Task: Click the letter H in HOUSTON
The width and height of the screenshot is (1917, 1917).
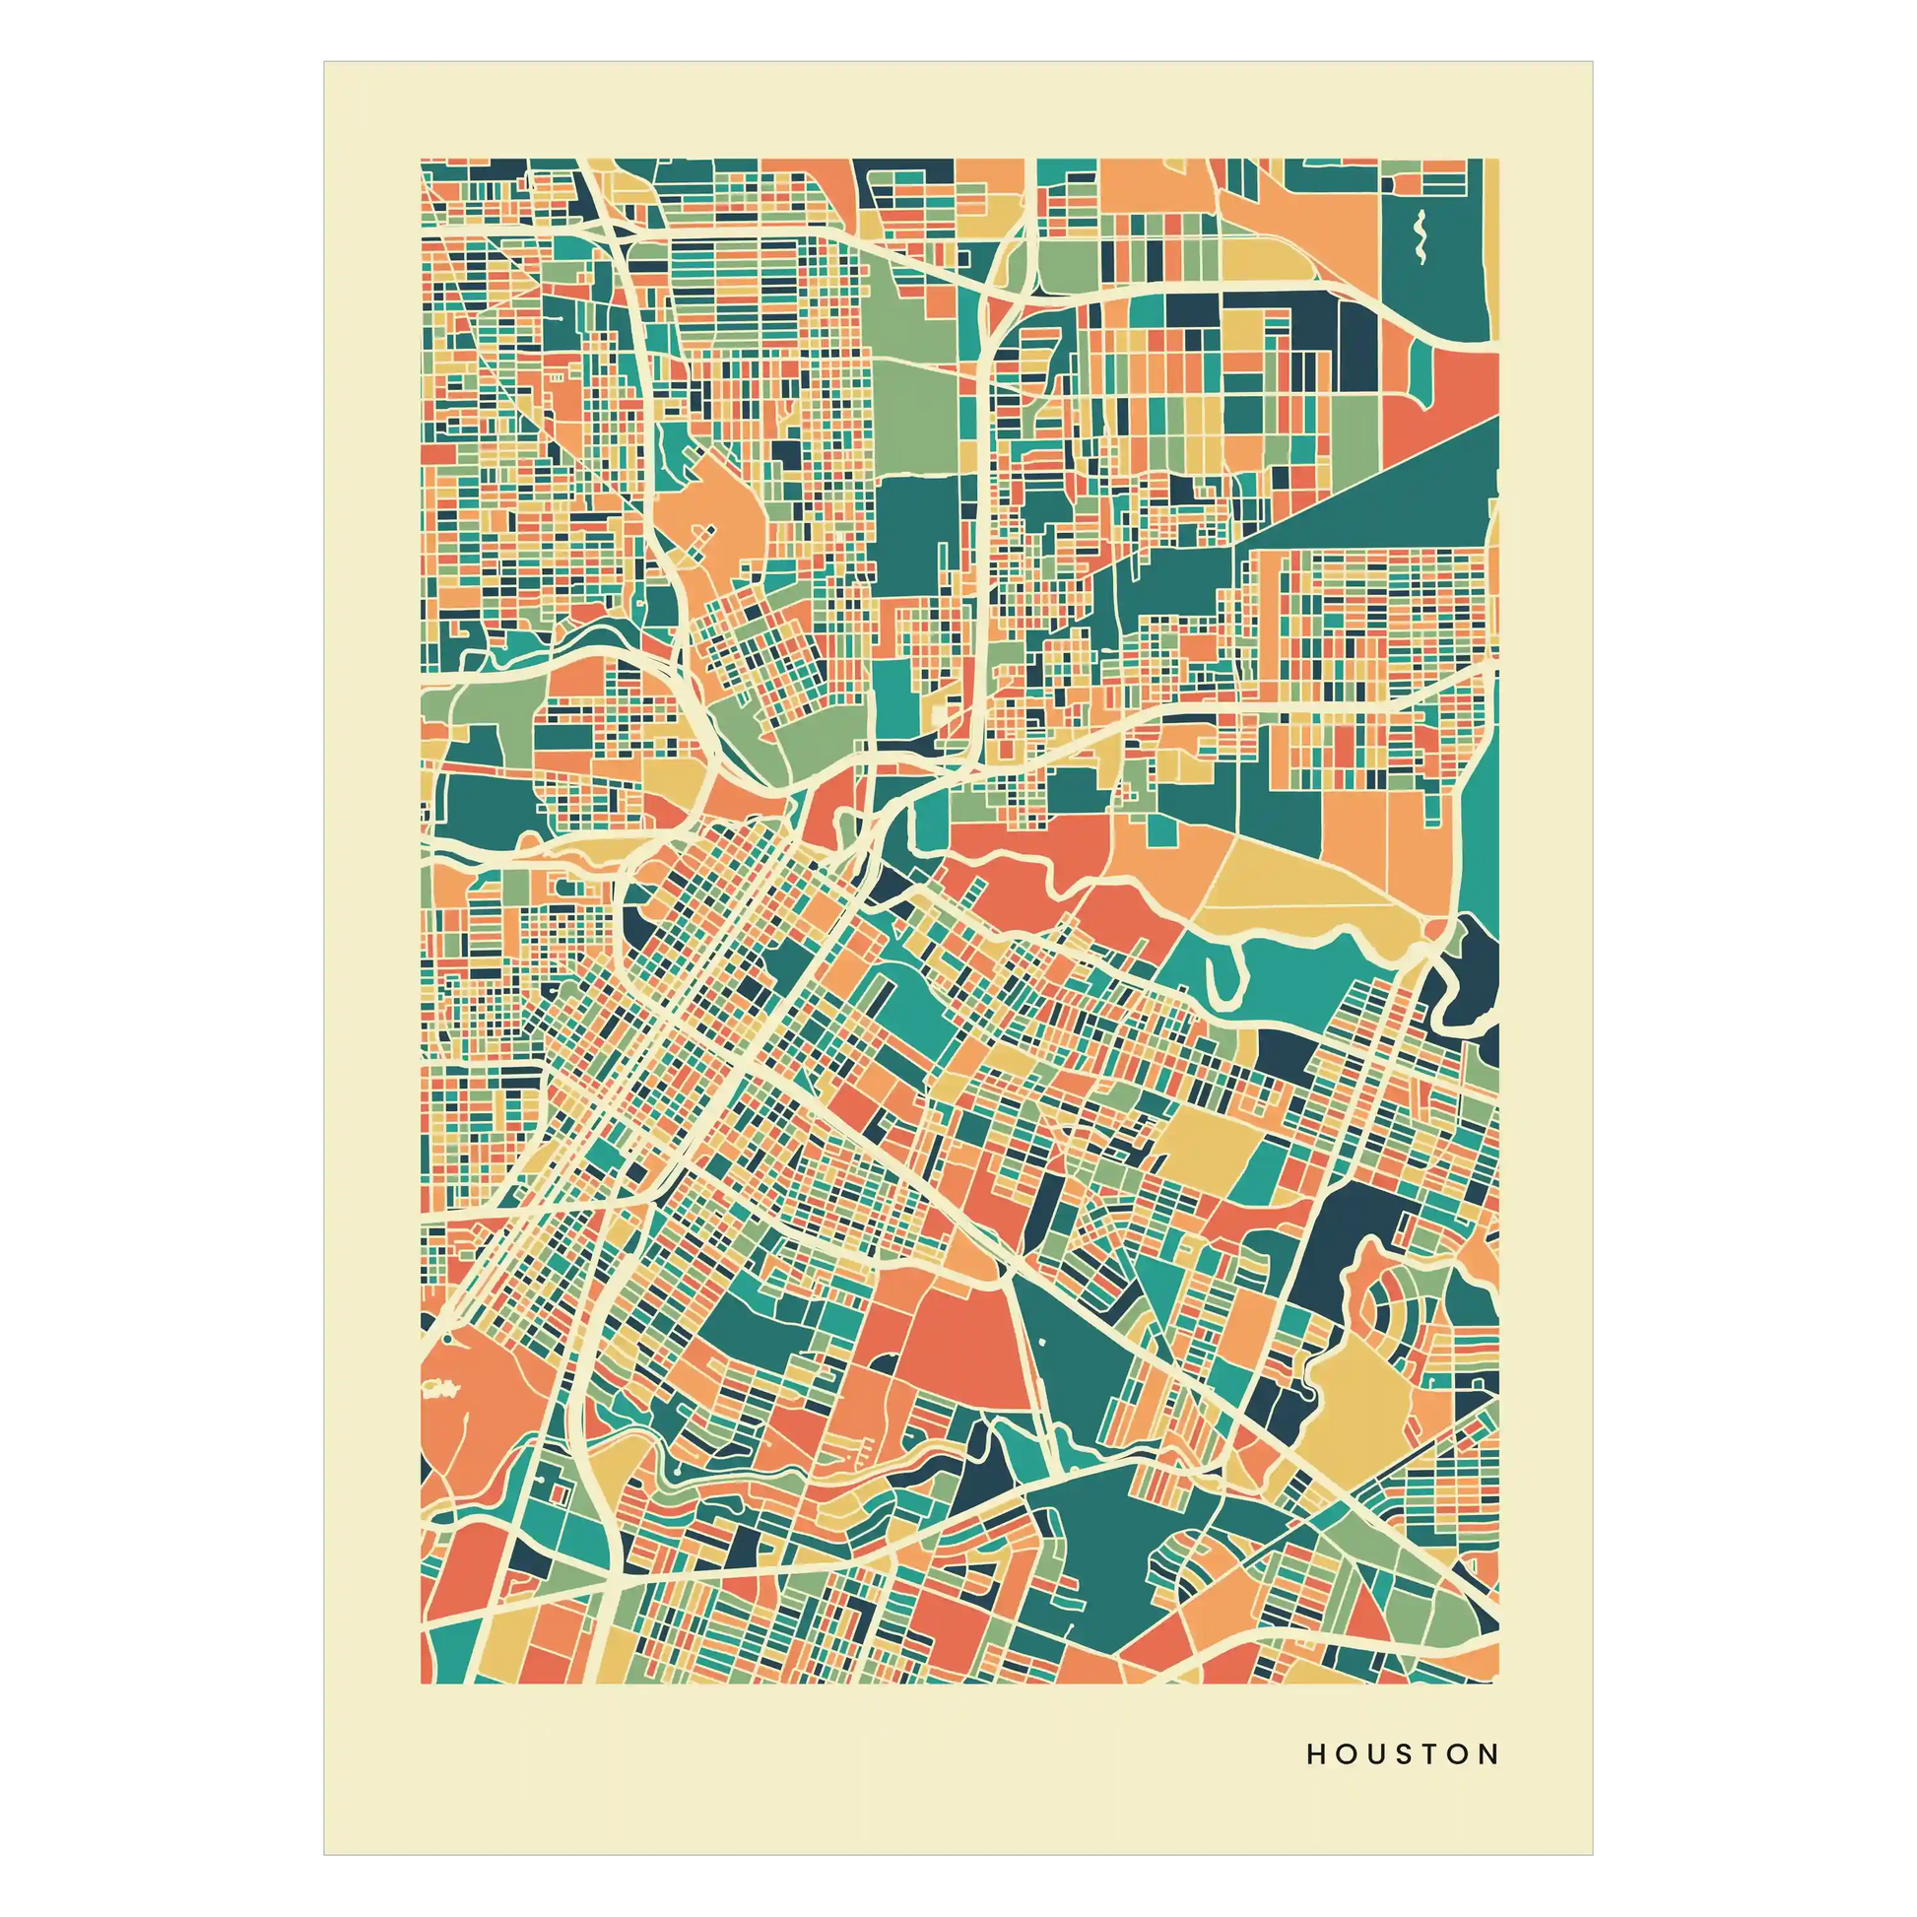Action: (1316, 1754)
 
